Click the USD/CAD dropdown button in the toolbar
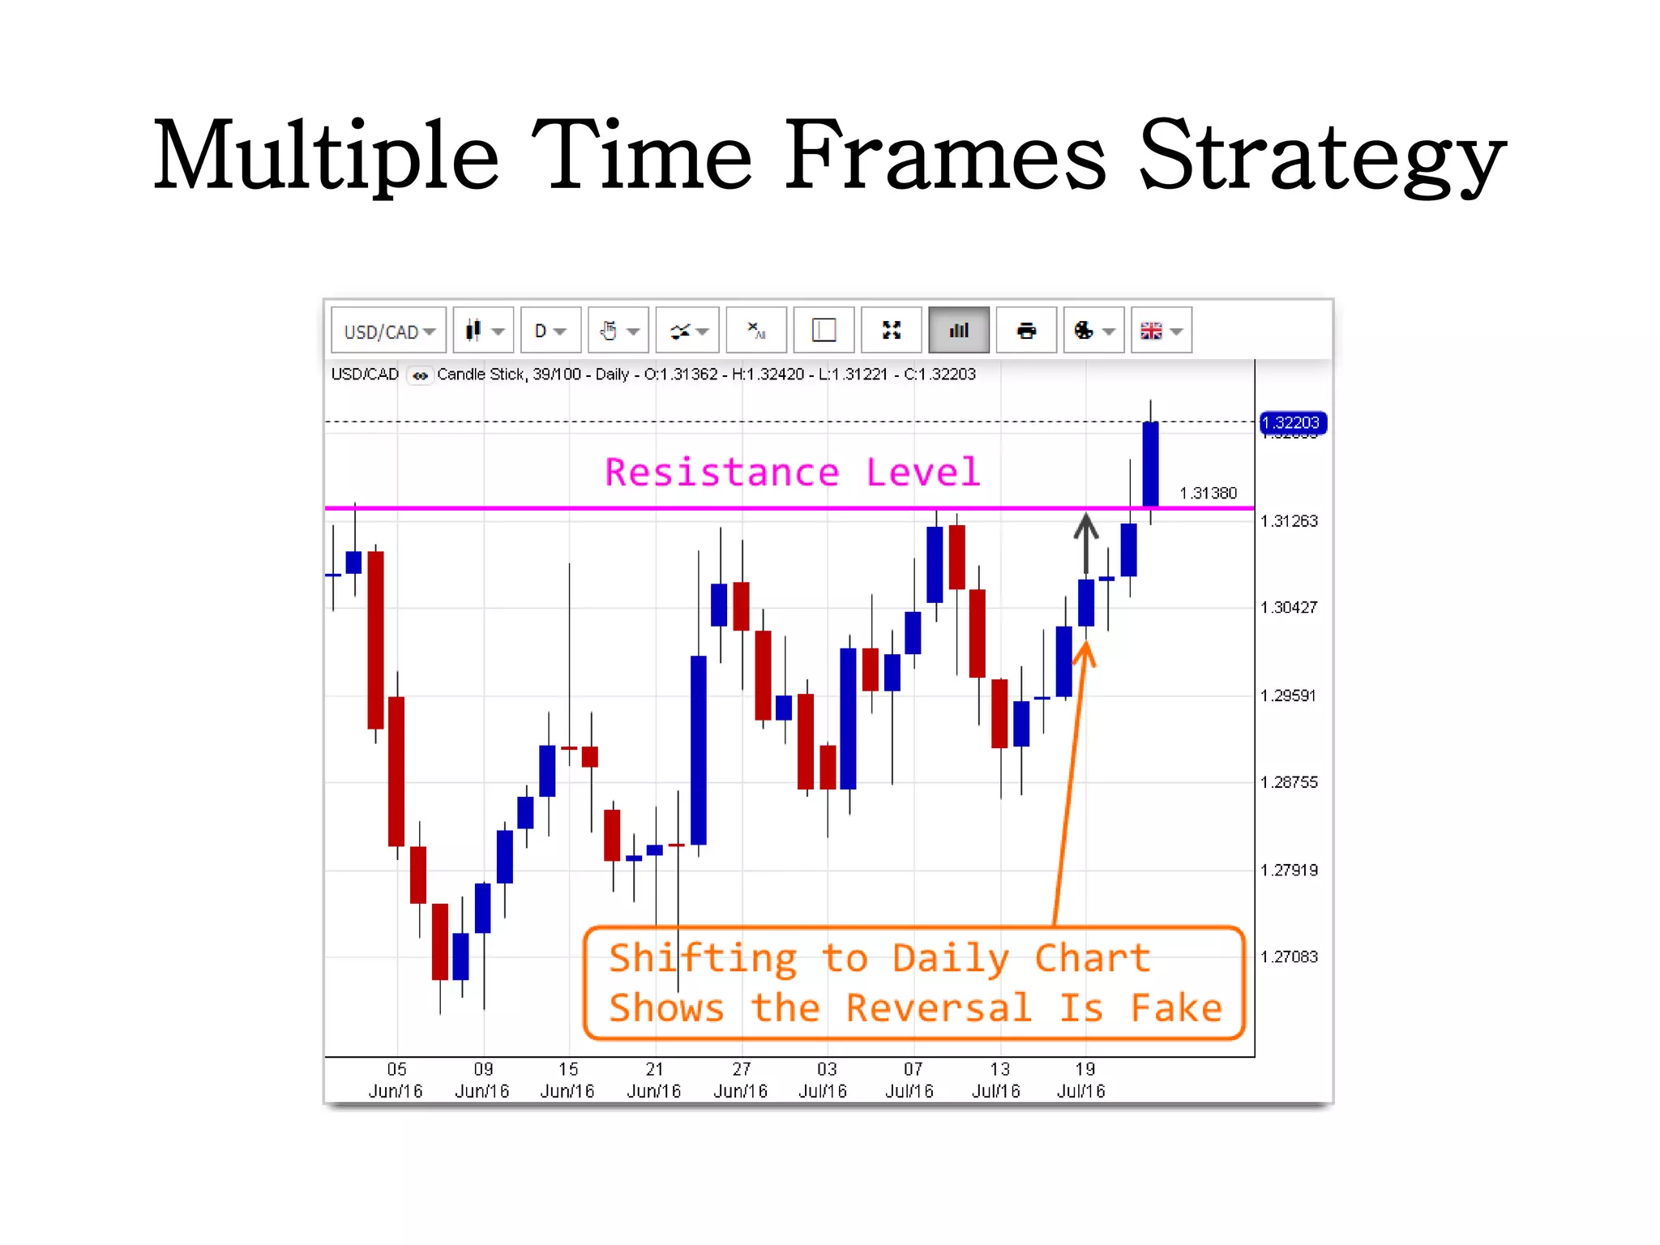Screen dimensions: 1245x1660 tap(389, 331)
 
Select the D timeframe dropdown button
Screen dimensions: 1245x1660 tap(550, 331)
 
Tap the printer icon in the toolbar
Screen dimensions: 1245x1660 tap(1026, 331)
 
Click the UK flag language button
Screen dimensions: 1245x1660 tap(1161, 331)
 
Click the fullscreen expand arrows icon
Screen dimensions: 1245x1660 tap(891, 331)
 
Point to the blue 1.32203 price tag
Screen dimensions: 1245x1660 tap(1292, 422)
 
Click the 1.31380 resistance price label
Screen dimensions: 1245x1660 tap(1208, 493)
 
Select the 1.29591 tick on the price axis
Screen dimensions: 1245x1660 tap(1289, 695)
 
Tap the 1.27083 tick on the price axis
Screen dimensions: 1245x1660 tap(1289, 956)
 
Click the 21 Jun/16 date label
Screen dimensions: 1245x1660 tap(654, 1080)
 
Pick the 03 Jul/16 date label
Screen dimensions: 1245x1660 tap(824, 1080)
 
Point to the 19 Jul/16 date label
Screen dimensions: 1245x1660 tap(1081, 1080)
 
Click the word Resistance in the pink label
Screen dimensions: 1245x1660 tap(721, 473)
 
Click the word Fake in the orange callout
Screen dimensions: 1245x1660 tap(1176, 1008)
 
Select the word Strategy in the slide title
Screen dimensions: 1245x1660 tap(1321, 156)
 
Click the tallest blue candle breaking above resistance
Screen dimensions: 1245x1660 tap(1150, 464)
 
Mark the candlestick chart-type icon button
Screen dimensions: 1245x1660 tap(483, 331)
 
